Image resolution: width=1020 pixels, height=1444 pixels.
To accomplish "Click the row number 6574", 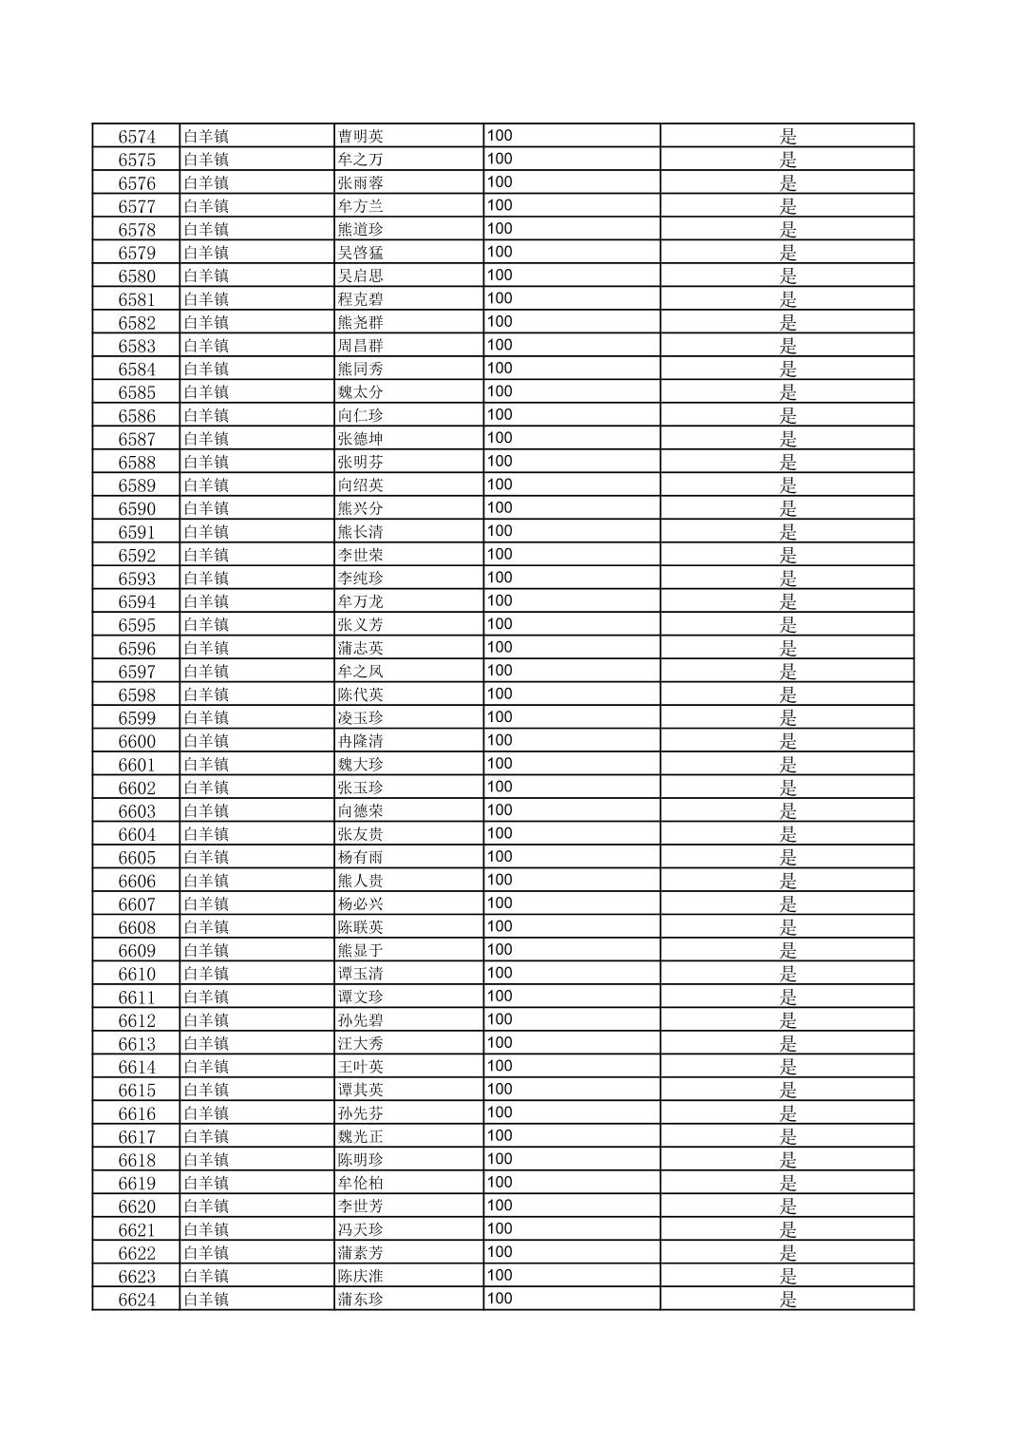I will tap(137, 137).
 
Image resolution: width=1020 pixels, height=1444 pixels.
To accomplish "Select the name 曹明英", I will tap(361, 137).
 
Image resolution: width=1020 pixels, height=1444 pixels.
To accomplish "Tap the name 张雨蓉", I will tap(361, 183).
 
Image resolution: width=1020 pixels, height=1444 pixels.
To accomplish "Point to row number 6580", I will tap(137, 276).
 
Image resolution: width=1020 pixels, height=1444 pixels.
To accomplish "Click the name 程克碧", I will tap(361, 299).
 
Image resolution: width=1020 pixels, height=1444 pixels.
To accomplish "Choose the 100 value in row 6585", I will tap(500, 391).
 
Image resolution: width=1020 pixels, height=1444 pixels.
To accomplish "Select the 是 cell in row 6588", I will tap(787, 463).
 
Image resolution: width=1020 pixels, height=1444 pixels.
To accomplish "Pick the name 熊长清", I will tap(361, 532).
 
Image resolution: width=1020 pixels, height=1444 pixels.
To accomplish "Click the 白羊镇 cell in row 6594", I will tap(206, 602).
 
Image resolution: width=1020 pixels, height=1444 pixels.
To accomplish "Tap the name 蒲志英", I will tap(361, 649).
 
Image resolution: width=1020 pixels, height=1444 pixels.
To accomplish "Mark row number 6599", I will tap(137, 718).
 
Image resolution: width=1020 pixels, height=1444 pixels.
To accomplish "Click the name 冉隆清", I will tap(361, 742).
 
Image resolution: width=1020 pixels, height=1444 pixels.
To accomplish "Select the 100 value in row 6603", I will tap(500, 810).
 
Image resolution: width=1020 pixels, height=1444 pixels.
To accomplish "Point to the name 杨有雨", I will tap(361, 858).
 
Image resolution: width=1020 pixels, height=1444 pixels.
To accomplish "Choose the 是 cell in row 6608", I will tap(787, 928).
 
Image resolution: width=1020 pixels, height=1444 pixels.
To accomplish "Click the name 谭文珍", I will tap(361, 997).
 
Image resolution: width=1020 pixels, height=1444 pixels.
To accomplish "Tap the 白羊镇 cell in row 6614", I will tap(206, 1067).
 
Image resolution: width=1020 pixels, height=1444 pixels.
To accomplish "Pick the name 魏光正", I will tap(361, 1137).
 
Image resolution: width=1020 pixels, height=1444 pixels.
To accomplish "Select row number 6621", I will tap(137, 1230).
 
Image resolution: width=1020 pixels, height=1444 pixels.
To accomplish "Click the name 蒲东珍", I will tap(361, 1300).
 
